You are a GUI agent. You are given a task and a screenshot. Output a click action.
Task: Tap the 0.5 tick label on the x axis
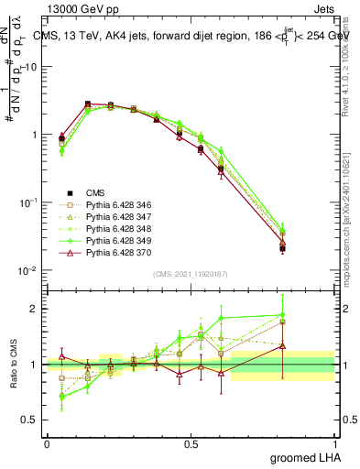(x=191, y=443)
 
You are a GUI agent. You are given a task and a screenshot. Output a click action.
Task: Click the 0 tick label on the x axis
(x=47, y=443)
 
